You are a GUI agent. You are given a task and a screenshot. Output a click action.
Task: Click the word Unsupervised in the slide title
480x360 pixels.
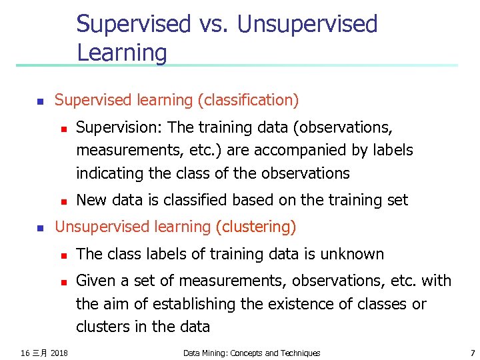point(307,24)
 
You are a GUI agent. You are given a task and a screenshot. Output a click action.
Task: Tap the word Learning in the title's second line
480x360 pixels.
point(122,52)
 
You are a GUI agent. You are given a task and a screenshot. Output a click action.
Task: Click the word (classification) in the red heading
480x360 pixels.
point(248,101)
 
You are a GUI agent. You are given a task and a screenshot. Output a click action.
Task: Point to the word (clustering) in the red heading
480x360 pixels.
point(255,227)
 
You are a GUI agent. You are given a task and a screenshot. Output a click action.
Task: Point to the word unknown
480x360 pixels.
point(351,254)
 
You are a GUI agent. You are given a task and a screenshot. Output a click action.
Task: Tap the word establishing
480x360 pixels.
point(193,304)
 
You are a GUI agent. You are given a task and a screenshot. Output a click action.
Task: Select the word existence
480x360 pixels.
point(297,304)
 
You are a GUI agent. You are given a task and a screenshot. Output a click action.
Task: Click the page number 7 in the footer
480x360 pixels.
point(472,353)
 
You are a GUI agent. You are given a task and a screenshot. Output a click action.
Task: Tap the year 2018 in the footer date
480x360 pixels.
point(59,353)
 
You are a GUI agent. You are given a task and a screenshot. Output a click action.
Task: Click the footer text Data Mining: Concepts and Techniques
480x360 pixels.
point(251,353)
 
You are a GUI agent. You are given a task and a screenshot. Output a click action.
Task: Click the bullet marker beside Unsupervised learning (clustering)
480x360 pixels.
point(39,228)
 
